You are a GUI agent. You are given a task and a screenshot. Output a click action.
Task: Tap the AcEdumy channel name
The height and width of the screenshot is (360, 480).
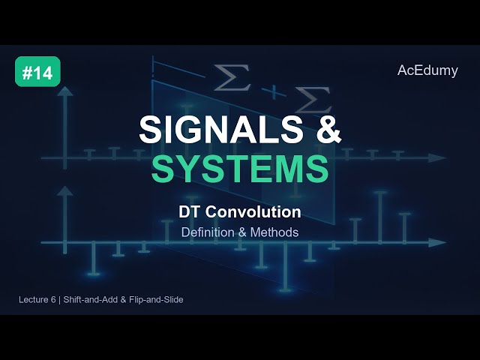(427, 70)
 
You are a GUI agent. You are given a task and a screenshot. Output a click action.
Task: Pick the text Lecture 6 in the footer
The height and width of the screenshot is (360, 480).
(39, 300)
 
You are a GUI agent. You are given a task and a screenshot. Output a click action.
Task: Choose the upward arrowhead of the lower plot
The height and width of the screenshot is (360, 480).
(65, 192)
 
